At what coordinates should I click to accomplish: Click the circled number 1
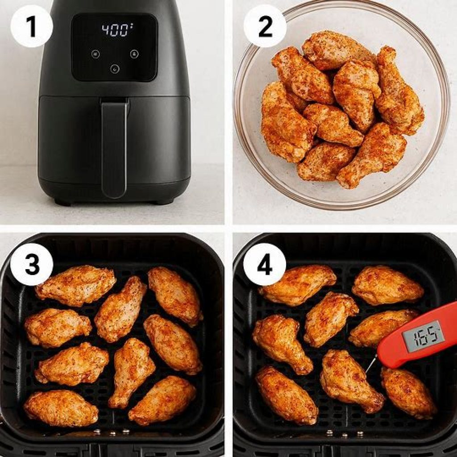[x=31, y=26]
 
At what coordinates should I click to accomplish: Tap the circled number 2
[x=265, y=26]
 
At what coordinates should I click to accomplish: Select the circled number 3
[x=31, y=264]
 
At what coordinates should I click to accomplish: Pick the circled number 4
[x=265, y=264]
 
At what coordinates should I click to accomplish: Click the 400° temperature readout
[x=115, y=30]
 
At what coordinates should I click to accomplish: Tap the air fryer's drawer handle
[x=114, y=147]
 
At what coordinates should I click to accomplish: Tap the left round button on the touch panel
[x=95, y=54]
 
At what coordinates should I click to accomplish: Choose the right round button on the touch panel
[x=134, y=54]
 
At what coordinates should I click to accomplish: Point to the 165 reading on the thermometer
[x=423, y=334]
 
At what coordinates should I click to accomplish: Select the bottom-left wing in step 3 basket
[x=61, y=407]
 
